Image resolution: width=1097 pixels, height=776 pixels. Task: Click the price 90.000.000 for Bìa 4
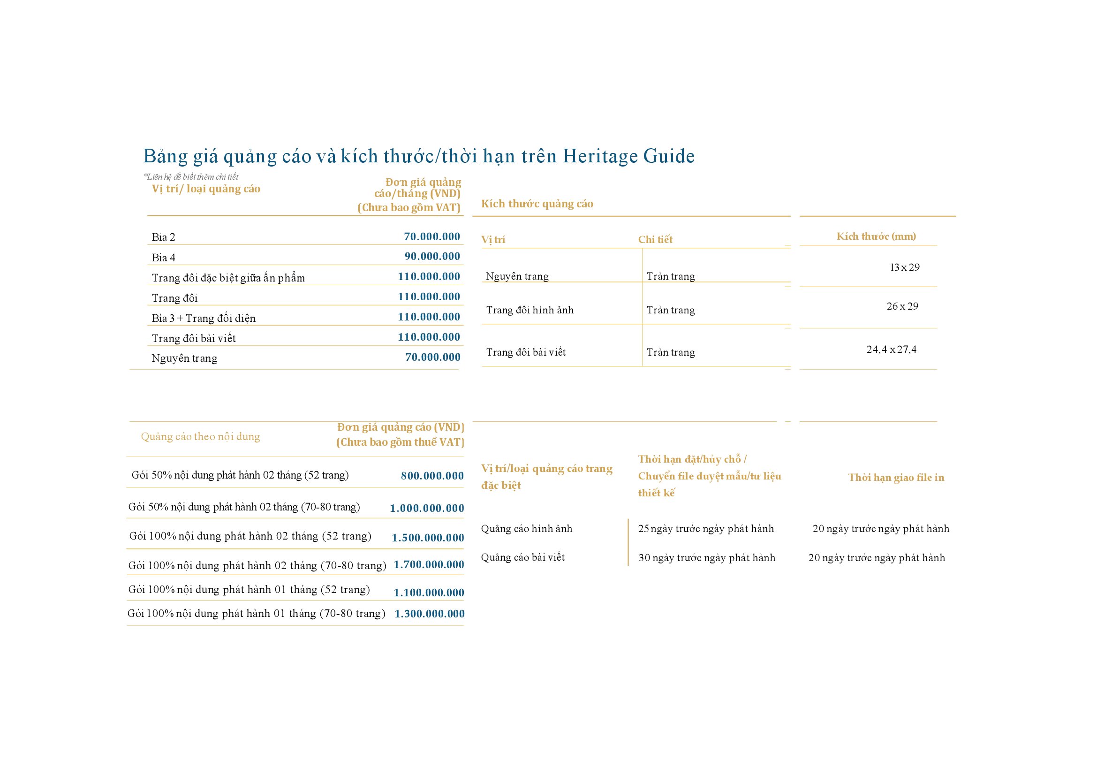(x=432, y=256)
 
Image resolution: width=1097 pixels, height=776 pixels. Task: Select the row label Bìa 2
(x=163, y=237)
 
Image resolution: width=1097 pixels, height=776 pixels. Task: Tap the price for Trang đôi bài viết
(x=429, y=337)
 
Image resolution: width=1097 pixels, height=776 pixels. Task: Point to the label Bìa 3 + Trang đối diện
(x=204, y=318)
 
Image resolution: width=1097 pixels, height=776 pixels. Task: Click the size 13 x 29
(x=904, y=267)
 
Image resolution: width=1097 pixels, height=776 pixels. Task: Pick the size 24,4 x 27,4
(x=891, y=350)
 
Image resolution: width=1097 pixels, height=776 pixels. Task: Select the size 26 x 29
(x=902, y=306)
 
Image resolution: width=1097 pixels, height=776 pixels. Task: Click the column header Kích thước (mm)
(x=876, y=236)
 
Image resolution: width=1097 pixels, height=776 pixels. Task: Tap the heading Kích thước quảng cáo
(x=537, y=204)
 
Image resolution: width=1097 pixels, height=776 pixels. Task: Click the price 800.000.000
(x=432, y=475)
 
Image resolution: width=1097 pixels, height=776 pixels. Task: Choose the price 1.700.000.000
(x=429, y=564)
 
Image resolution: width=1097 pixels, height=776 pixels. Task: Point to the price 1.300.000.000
(x=429, y=614)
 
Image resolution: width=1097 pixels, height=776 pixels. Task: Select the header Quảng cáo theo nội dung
(x=200, y=436)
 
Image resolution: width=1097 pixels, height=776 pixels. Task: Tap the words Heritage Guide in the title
(x=628, y=156)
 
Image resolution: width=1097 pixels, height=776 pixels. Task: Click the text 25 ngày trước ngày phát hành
(x=705, y=528)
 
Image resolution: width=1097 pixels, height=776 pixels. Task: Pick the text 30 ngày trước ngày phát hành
(x=706, y=558)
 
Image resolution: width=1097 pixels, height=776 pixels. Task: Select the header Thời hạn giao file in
(x=896, y=477)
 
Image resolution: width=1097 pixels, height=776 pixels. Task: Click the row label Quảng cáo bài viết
(x=522, y=557)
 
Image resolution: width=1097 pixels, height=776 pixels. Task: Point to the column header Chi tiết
(x=655, y=239)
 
